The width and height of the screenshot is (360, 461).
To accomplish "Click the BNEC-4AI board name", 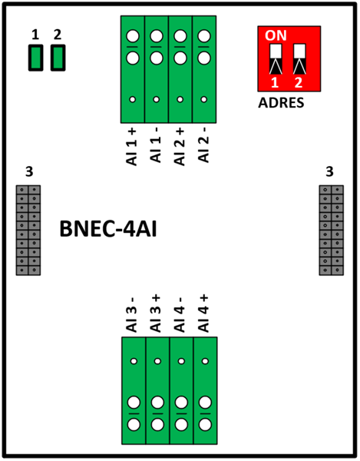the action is tap(108, 229).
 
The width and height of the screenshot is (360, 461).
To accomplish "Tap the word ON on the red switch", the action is tap(276, 35).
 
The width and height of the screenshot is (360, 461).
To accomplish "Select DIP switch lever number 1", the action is tap(276, 59).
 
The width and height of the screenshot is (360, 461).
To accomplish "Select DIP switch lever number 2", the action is tap(299, 59).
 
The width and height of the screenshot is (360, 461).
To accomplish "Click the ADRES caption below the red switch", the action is tap(281, 103).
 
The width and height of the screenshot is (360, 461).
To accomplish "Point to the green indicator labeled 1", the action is tap(36, 58).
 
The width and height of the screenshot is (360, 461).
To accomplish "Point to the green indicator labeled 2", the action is tap(58, 58).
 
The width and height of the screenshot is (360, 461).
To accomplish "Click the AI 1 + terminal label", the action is tap(132, 147).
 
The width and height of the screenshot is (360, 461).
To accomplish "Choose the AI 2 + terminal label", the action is tap(180, 147).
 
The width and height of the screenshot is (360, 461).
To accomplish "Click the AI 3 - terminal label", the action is tap(132, 315).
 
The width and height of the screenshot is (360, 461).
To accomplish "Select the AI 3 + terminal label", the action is tap(156, 313).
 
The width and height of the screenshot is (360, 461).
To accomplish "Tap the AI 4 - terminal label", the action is tap(180, 315).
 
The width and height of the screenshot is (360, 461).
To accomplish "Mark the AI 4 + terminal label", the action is tap(203, 313).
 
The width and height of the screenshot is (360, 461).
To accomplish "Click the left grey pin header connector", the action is tap(28, 230).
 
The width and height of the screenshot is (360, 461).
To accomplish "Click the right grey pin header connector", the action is tap(332, 230).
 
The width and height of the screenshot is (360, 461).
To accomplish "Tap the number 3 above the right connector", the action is tap(329, 171).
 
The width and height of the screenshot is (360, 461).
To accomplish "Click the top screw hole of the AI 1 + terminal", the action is tap(133, 36).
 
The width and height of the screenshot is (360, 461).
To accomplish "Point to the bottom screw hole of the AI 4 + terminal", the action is tap(205, 425).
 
